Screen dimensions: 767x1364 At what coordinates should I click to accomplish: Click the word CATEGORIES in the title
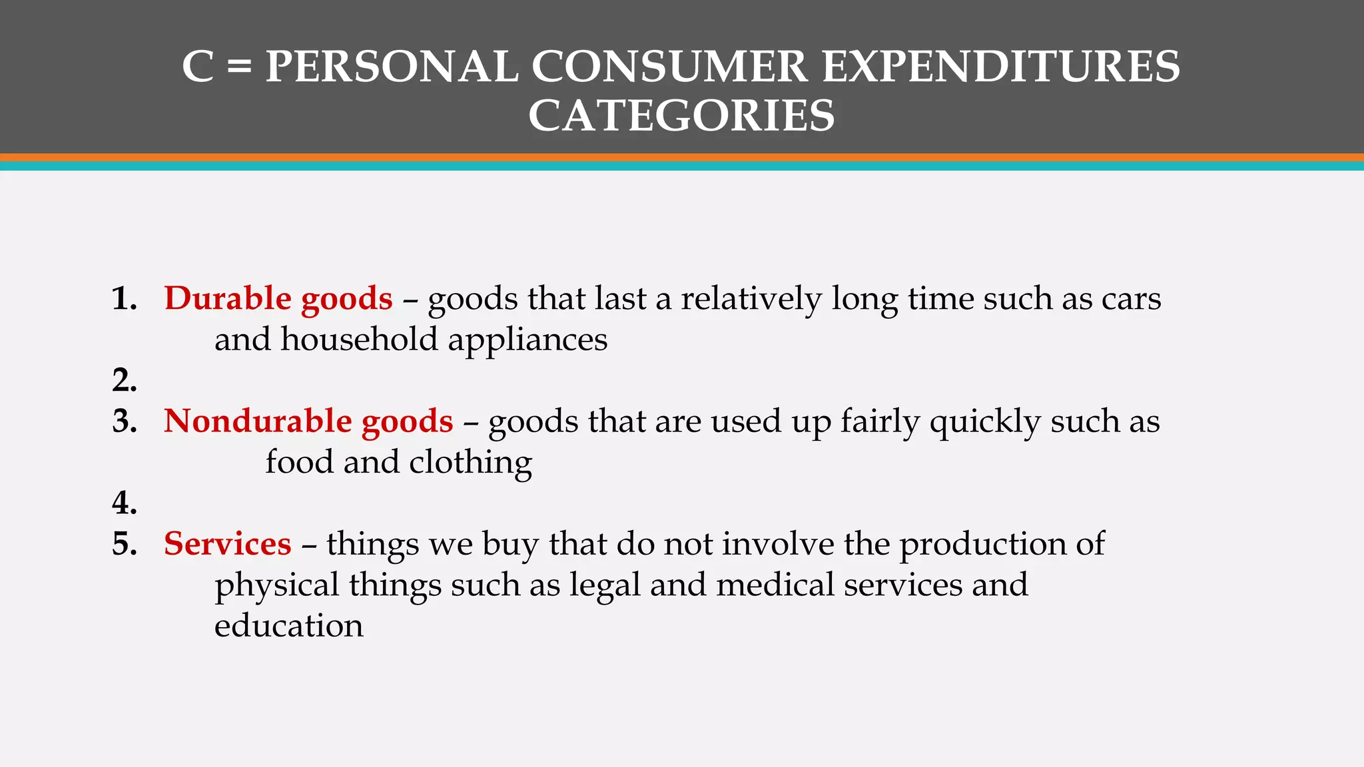(x=681, y=115)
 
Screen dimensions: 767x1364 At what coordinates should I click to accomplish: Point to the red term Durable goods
(x=278, y=298)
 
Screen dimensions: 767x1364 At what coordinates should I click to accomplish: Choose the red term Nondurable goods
(x=308, y=421)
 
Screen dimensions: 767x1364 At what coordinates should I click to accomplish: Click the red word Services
(x=228, y=544)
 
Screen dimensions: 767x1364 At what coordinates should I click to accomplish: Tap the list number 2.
(x=125, y=380)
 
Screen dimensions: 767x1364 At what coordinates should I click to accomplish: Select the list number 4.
(x=125, y=503)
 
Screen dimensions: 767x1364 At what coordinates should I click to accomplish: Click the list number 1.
(x=125, y=298)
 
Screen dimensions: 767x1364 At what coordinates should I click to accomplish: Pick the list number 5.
(x=125, y=544)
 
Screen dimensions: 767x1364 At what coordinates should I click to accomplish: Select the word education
(x=288, y=626)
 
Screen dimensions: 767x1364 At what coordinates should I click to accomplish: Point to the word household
(x=359, y=340)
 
